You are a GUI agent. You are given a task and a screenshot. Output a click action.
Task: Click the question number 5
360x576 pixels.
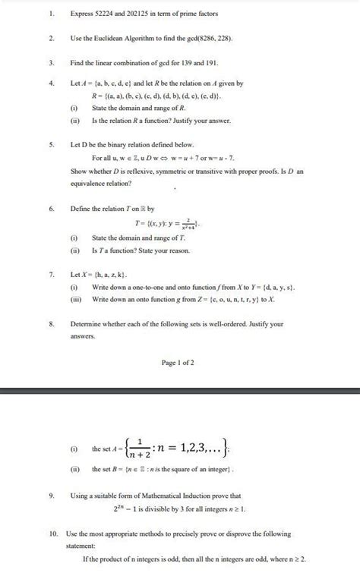(50, 144)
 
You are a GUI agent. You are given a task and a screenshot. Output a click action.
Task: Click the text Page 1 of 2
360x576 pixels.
(178, 363)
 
